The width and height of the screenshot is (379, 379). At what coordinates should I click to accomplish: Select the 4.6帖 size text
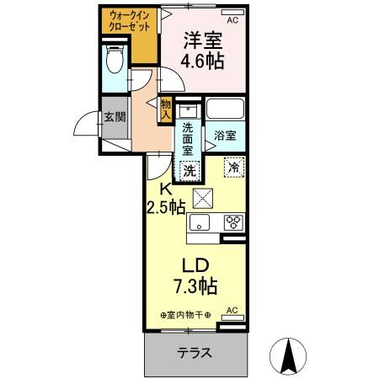point(204,61)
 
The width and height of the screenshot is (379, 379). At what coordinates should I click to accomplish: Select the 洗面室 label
point(189,136)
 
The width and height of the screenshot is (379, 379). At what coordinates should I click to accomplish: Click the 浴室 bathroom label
point(224,135)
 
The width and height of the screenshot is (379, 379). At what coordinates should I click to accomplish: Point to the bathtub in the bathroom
point(225,110)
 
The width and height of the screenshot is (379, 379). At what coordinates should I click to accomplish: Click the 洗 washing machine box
point(191,168)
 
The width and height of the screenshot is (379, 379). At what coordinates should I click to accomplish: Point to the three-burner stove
point(233,222)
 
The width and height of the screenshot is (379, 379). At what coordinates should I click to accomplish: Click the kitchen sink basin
point(200,222)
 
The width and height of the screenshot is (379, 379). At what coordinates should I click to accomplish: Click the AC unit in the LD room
point(232,309)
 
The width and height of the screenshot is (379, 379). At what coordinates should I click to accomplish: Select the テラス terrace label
point(193,353)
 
